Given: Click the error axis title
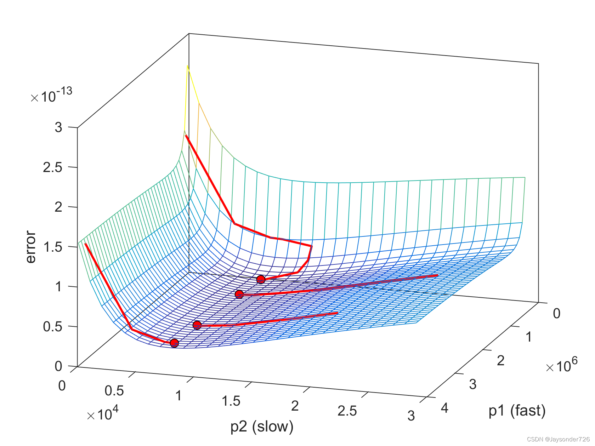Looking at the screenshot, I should (31, 247).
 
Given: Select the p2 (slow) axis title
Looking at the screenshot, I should (262, 427).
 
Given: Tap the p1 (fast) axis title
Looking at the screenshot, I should (517, 411).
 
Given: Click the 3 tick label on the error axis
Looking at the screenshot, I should (58, 127).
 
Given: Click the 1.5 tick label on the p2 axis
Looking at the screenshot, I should (231, 401).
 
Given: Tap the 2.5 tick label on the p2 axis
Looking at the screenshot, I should (347, 411).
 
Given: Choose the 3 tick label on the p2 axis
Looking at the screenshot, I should (411, 416).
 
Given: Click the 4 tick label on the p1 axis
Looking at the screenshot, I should (444, 408).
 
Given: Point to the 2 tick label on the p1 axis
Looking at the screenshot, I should (500, 361).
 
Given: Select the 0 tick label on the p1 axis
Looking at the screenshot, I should (556, 314).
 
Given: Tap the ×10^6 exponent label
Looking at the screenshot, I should (561, 365).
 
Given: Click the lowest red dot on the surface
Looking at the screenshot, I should (174, 343).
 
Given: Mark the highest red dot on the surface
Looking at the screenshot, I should (261, 280).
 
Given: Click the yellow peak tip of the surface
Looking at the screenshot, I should (187, 67).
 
